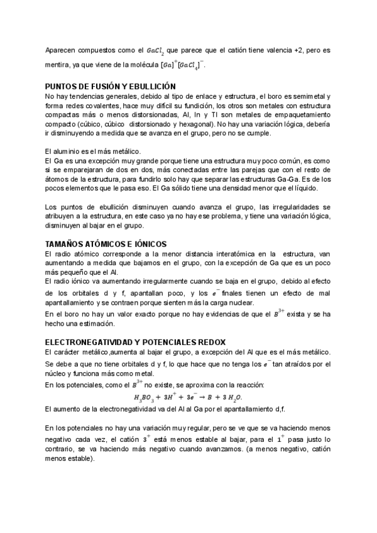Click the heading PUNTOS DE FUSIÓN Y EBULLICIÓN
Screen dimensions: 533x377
coord(110,86)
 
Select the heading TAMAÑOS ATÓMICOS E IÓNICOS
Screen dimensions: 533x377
coord(106,243)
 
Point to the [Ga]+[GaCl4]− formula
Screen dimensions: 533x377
coord(182,65)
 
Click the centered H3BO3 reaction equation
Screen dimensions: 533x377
coord(188,397)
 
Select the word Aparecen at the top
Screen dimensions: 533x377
coord(62,50)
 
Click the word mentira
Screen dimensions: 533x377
coord(58,65)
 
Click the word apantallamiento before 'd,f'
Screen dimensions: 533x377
coord(211,409)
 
